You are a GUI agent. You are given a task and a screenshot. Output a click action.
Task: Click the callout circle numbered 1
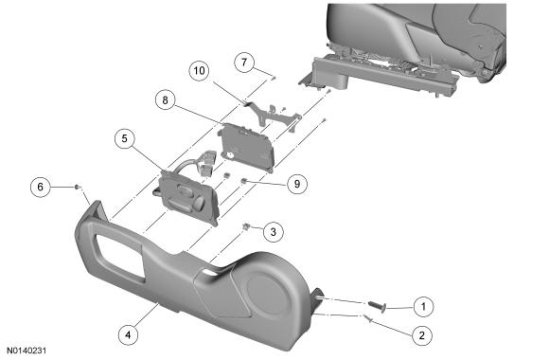coord(423,307)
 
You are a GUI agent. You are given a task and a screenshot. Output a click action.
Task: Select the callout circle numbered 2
coord(422,335)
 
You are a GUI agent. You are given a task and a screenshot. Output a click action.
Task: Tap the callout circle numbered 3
coord(274,231)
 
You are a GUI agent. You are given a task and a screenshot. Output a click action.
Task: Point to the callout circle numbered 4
coord(128,334)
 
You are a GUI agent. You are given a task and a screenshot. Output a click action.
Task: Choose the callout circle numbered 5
coord(125,139)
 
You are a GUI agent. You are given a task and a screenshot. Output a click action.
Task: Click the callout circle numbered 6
coord(41,187)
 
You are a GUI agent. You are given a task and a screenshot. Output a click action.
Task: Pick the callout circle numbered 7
coord(244,63)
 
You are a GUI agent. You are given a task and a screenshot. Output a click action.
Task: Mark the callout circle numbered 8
coord(166,100)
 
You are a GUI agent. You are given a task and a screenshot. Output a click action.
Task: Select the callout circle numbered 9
coord(297,184)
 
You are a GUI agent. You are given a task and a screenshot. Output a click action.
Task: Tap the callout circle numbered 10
coord(199,71)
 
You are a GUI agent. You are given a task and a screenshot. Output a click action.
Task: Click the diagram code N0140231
coord(27,351)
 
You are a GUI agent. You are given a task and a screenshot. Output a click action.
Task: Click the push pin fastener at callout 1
coord(378,306)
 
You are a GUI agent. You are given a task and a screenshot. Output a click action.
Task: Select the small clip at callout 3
coord(247,226)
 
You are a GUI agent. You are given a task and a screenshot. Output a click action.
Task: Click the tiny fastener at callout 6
coord(77,187)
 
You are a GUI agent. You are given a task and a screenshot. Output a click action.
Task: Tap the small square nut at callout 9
coord(244,181)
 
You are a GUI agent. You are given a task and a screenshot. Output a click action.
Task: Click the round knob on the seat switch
coord(200,202)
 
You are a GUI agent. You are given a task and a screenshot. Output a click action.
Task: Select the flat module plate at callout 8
coord(246,147)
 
